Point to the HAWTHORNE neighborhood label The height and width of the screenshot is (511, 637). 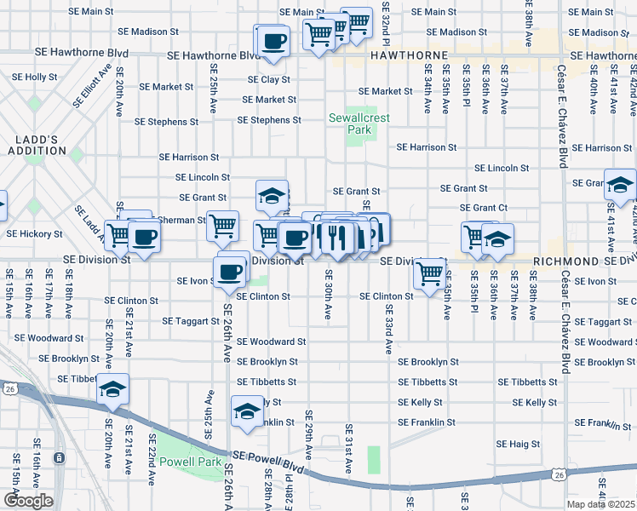[410, 55]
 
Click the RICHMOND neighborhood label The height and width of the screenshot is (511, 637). [563, 261]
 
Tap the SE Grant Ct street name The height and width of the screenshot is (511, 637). [483, 208]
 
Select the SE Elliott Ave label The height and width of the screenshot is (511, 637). [94, 85]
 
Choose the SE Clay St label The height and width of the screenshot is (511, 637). [269, 79]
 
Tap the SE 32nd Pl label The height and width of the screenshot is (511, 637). [386, 24]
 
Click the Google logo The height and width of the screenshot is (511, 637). [28, 500]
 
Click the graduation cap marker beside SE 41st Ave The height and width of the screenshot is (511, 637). [619, 184]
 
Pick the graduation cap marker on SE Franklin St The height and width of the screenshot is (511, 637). [247, 412]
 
